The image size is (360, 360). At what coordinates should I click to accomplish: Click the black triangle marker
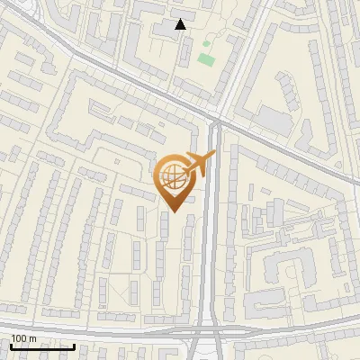[181, 24]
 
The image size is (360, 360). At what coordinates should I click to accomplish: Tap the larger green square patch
[206, 59]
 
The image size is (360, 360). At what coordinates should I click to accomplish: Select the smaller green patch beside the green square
[206, 42]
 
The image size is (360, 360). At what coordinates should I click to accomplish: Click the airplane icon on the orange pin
[200, 164]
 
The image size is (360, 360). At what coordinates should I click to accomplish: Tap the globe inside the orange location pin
[172, 177]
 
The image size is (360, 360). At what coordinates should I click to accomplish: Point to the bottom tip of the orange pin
[172, 212]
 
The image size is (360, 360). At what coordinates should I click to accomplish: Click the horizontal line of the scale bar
[42, 346]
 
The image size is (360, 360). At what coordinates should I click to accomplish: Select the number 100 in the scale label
[19, 338]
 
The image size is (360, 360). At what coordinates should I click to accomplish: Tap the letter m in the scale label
[32, 338]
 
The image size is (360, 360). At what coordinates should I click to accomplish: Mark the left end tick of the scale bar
[11, 345]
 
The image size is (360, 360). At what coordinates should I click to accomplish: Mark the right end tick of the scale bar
[74, 345]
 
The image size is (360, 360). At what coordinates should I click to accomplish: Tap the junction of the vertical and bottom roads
[210, 329]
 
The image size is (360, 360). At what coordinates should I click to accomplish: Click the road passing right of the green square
[236, 63]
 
